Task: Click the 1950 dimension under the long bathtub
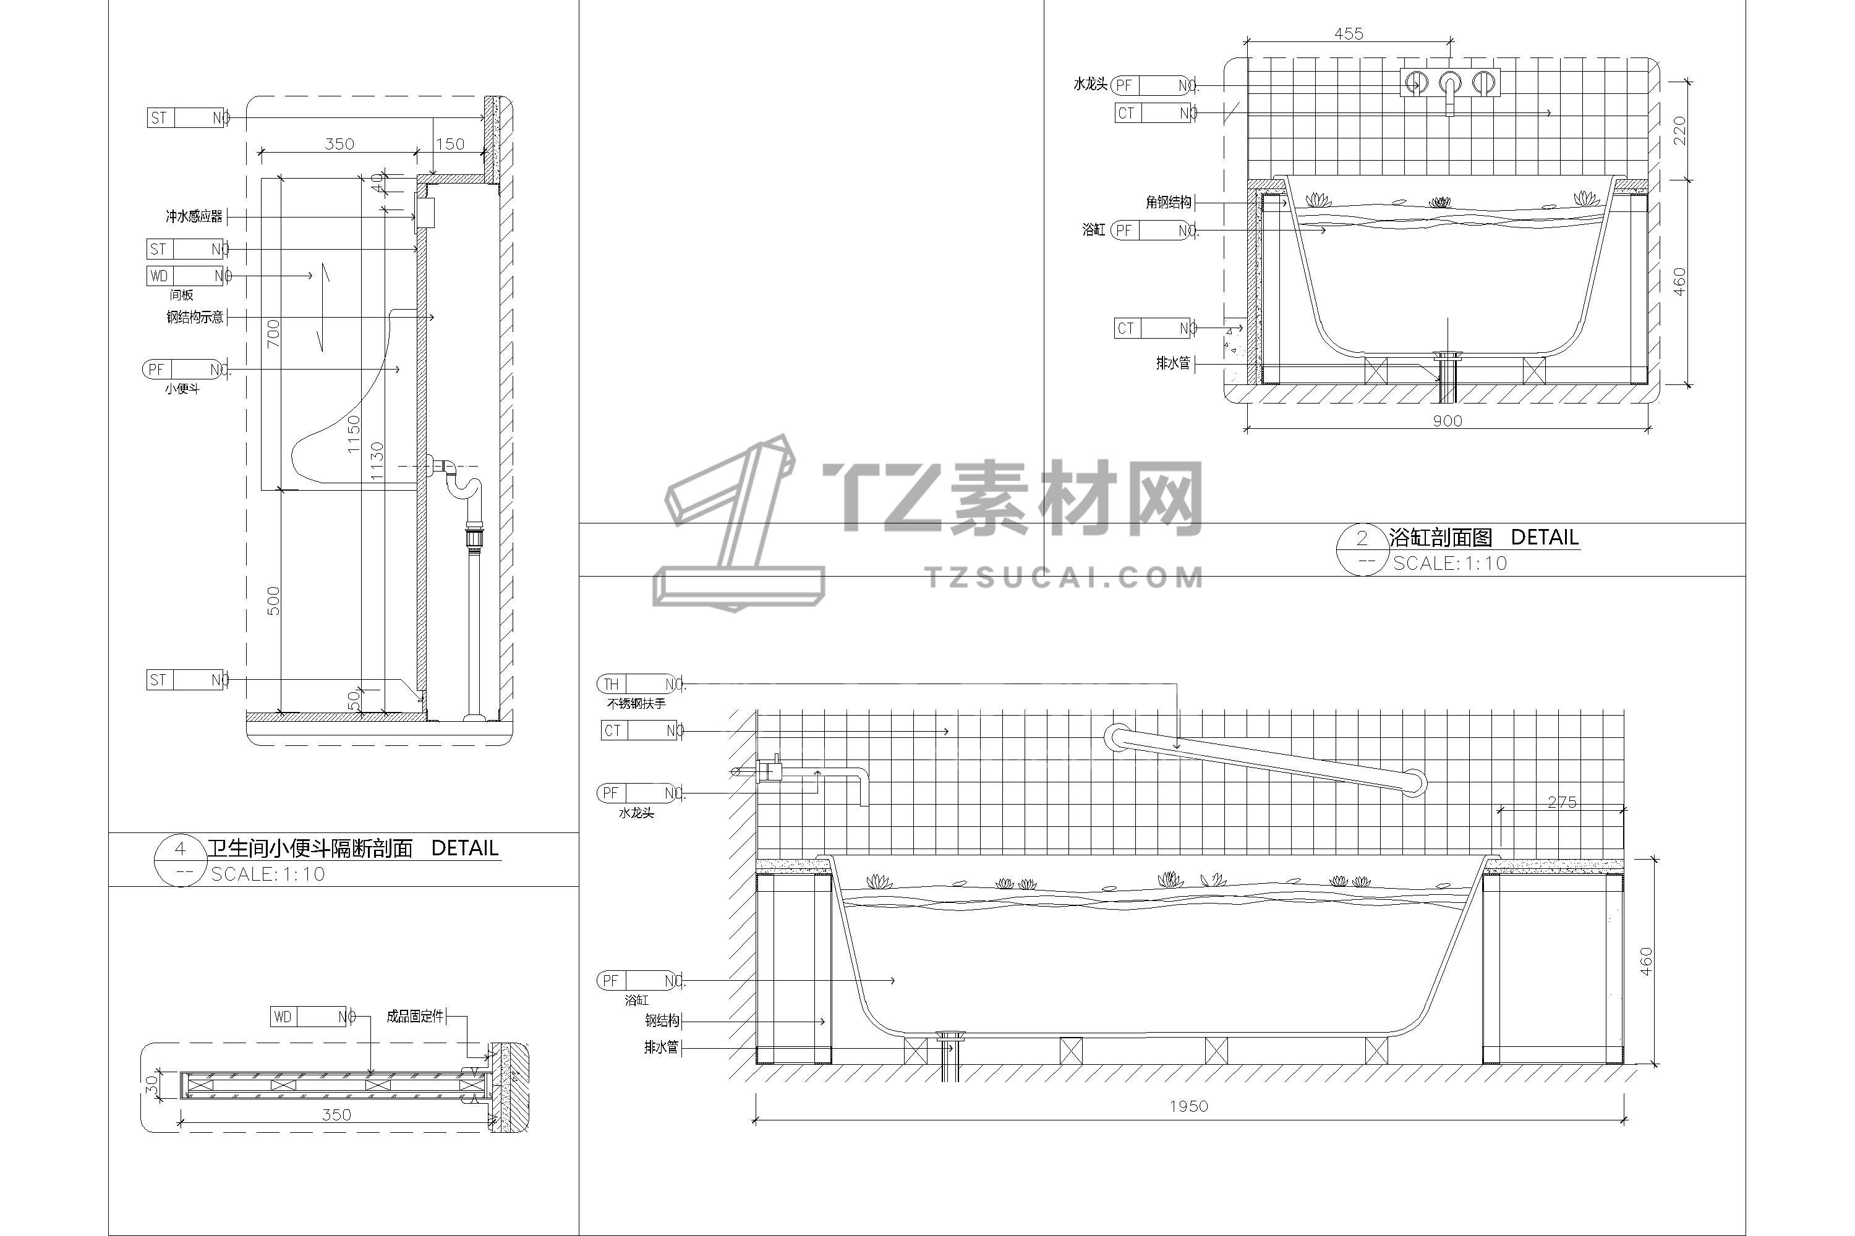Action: tap(1188, 1106)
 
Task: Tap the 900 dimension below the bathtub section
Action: tap(1448, 420)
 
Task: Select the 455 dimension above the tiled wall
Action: tap(1348, 33)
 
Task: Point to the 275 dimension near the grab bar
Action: tap(1562, 802)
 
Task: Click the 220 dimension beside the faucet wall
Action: tap(1679, 130)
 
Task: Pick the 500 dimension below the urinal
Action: tap(273, 601)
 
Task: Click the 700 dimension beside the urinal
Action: tap(273, 334)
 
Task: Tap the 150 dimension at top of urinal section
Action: tap(450, 143)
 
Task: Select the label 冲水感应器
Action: tap(194, 216)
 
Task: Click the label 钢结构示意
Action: tap(195, 317)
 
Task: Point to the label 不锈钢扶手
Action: tap(636, 703)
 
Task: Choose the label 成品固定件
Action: tap(415, 1016)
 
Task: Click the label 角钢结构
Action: tap(1168, 203)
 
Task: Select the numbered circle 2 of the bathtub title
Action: tap(1362, 538)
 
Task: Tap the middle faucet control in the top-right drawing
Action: tap(1449, 83)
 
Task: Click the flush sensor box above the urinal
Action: tap(425, 213)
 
